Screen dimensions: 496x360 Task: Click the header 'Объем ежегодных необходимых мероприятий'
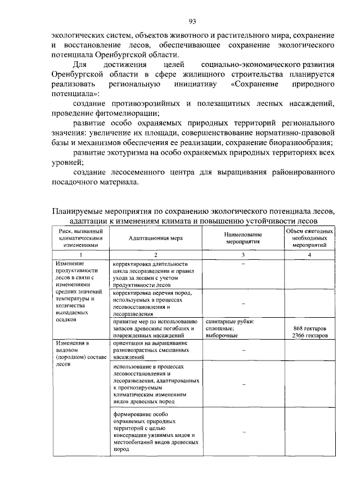point(310,238)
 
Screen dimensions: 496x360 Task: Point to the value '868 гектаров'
point(310,328)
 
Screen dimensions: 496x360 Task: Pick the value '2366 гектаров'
point(310,335)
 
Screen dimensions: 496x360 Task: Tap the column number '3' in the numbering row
point(242,255)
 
